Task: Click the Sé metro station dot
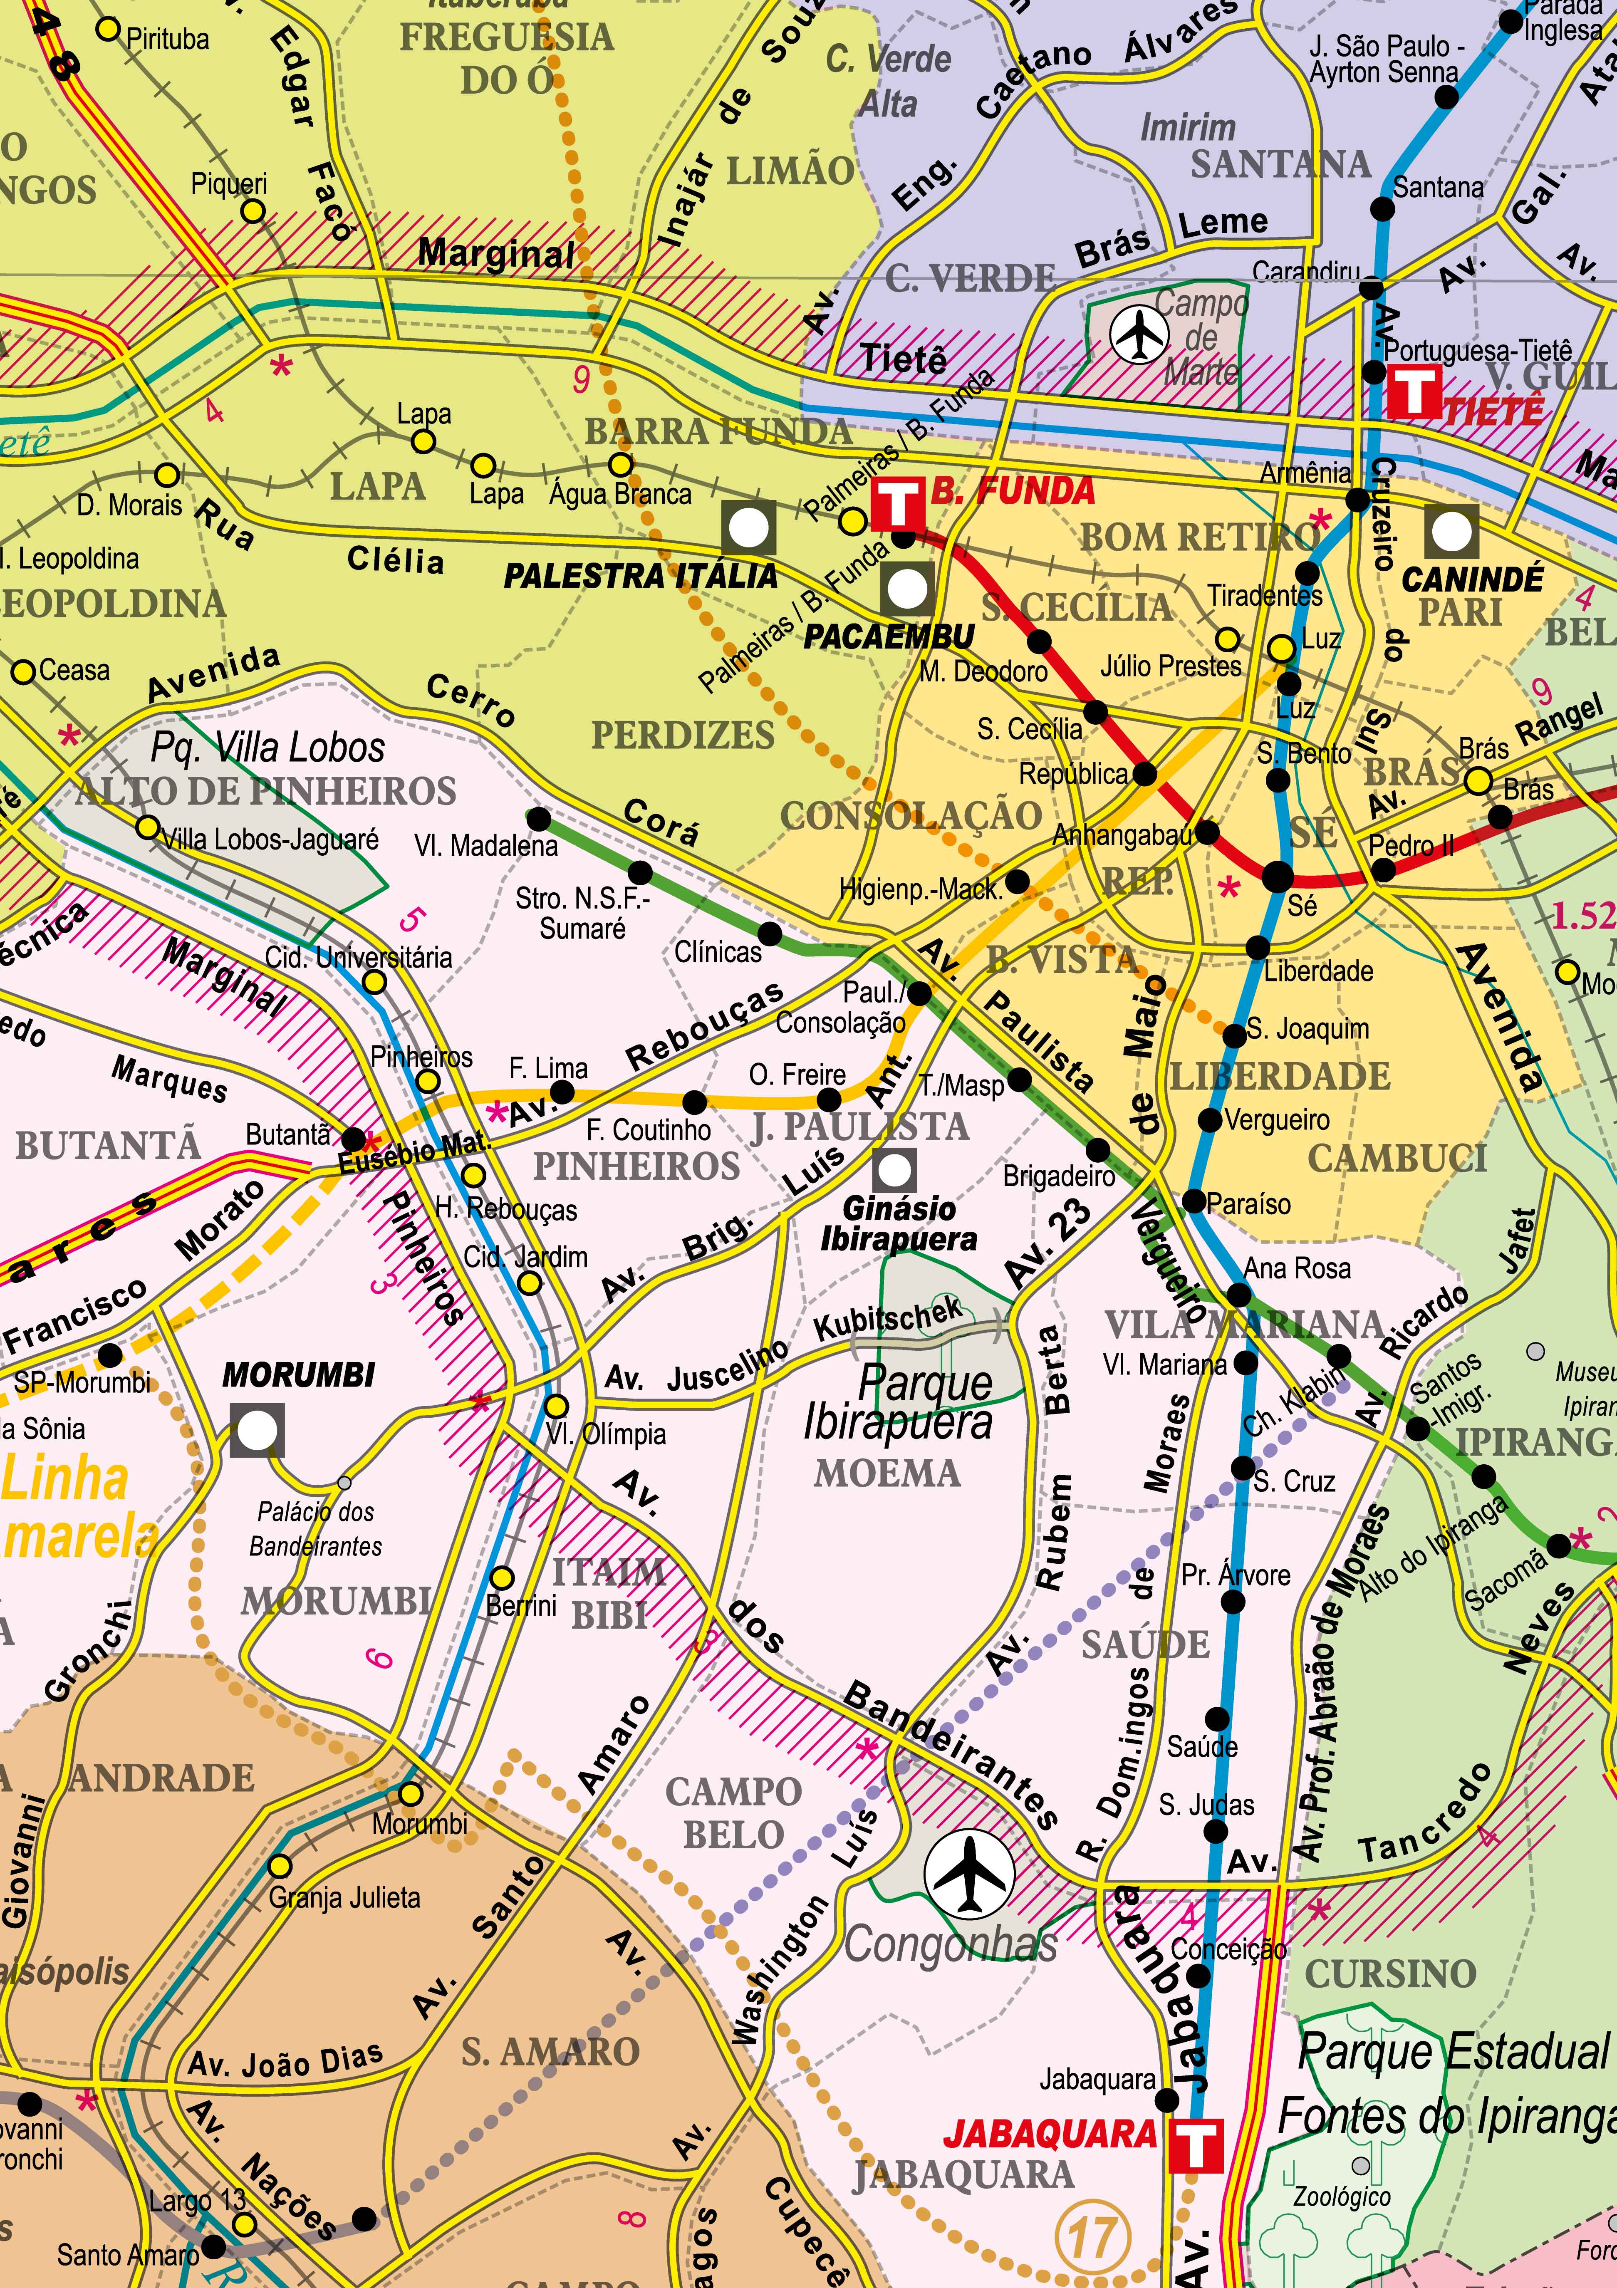[1277, 877]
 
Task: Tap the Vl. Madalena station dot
[538, 819]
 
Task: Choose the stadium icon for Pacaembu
[906, 589]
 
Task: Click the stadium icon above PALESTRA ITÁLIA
[748, 527]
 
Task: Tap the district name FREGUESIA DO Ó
[507, 58]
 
